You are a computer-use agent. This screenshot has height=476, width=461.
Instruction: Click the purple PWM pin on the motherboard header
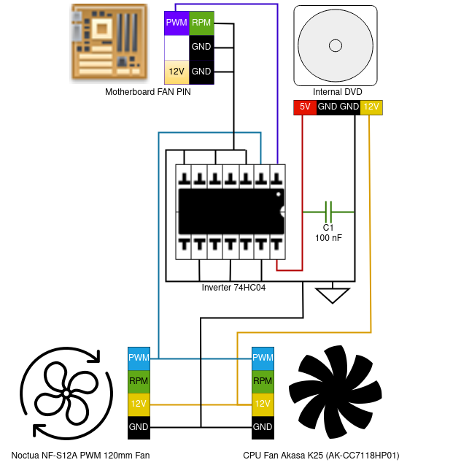pyautogui.click(x=177, y=23)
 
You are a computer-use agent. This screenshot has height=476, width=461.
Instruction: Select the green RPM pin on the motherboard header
pyautogui.click(x=201, y=23)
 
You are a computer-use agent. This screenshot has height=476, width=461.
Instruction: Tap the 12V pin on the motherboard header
pyautogui.click(x=177, y=72)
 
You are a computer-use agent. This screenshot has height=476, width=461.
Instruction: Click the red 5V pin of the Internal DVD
pyautogui.click(x=304, y=107)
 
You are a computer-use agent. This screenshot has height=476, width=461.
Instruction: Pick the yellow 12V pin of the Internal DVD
pyautogui.click(x=371, y=107)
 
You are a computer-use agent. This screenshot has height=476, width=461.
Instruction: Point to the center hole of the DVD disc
pyautogui.click(x=336, y=46)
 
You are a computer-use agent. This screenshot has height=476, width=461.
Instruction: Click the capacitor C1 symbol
pyautogui.click(x=328, y=212)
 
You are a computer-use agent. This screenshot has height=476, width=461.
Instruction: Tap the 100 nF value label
pyautogui.click(x=328, y=239)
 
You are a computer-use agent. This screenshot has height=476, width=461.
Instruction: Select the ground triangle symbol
pyautogui.click(x=333, y=295)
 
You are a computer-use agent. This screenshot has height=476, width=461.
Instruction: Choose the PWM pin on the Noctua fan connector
pyautogui.click(x=139, y=358)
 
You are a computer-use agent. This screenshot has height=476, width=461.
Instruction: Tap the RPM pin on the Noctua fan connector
pyautogui.click(x=139, y=380)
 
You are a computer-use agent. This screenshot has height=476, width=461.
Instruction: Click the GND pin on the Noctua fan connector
pyautogui.click(x=139, y=426)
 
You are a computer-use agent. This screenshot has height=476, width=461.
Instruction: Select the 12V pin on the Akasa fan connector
pyautogui.click(x=263, y=403)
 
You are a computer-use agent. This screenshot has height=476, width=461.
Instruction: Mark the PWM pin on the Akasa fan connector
pyautogui.click(x=263, y=358)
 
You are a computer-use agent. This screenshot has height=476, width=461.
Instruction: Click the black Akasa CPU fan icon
pyautogui.click(x=335, y=391)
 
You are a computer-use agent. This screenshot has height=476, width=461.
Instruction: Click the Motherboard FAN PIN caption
pyautogui.click(x=148, y=92)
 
